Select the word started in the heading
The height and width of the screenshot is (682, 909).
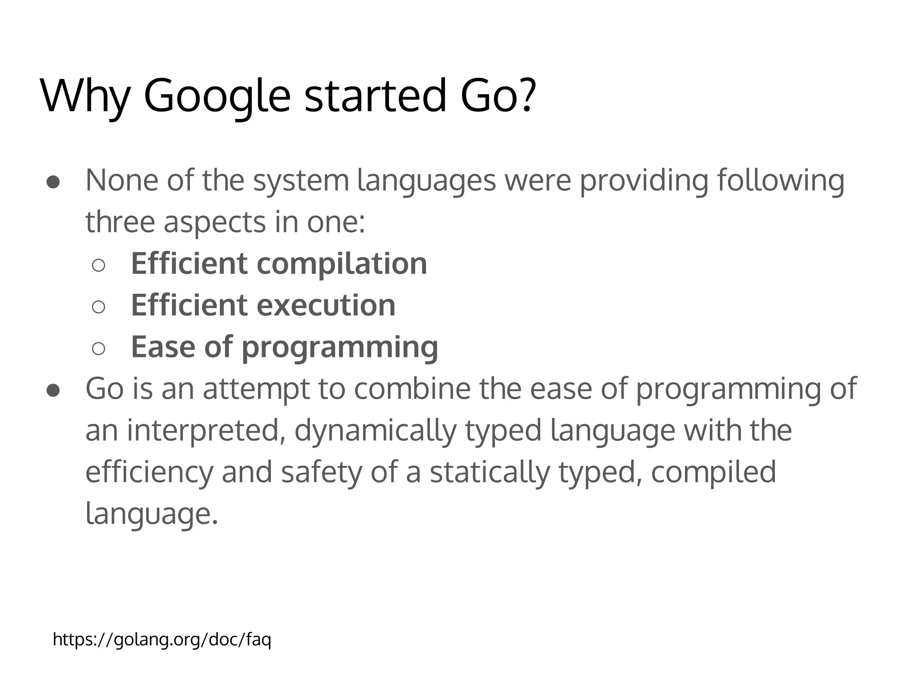(x=375, y=95)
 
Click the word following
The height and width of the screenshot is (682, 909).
(x=781, y=181)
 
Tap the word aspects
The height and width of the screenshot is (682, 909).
(x=214, y=222)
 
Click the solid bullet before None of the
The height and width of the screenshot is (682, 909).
(x=53, y=182)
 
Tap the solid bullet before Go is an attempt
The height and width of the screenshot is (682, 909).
(x=53, y=390)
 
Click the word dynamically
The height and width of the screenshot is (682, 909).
(x=375, y=431)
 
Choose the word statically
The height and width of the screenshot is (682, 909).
(x=490, y=472)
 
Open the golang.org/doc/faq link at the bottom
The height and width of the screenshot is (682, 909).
(x=162, y=640)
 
